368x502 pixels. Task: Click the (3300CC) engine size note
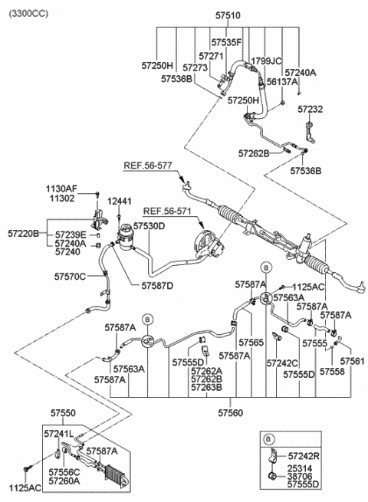[x=28, y=14]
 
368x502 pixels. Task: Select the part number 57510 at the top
[x=228, y=15]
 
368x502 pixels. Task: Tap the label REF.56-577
[x=148, y=166]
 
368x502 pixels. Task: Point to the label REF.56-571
[x=167, y=212]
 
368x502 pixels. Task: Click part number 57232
[x=310, y=109]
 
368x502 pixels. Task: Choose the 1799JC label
[x=266, y=61]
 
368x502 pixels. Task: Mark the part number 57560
[x=231, y=413]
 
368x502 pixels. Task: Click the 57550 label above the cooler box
[x=63, y=413]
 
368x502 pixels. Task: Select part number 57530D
[x=149, y=226]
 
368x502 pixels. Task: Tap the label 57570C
[x=70, y=277]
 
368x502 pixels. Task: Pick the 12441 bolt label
[x=119, y=202]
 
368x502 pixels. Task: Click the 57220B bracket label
[x=23, y=234]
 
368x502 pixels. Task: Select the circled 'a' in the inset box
[x=268, y=438]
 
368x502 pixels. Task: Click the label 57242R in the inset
[x=304, y=456]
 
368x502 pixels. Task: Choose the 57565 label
[x=251, y=343]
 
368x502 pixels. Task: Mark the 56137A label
[x=282, y=82]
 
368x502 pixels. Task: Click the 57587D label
[x=158, y=286]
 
